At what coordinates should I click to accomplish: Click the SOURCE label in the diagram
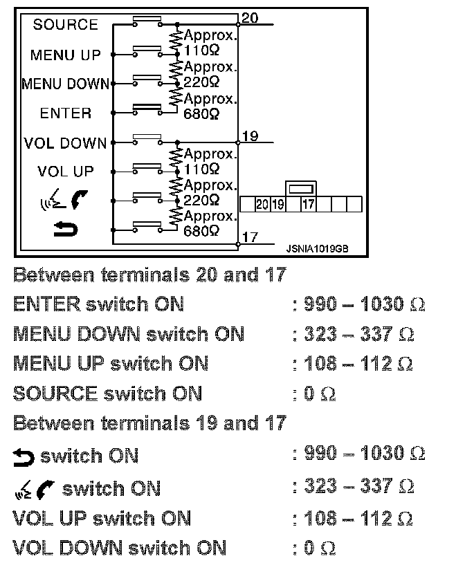tap(66, 25)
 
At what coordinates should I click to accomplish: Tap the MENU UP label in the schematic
tap(66, 55)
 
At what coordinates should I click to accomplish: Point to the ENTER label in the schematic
tap(66, 113)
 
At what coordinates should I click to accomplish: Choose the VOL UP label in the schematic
tap(66, 172)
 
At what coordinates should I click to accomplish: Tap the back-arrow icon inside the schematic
tap(66, 229)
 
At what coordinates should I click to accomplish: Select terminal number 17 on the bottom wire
tap(250, 237)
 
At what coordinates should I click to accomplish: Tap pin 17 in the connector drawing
tap(309, 205)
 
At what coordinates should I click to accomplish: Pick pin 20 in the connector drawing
tap(262, 205)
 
